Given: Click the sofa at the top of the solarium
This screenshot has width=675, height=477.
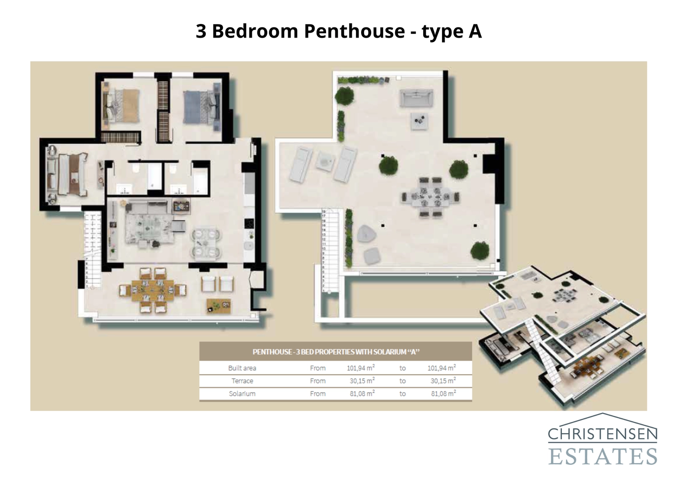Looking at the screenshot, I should [416, 98].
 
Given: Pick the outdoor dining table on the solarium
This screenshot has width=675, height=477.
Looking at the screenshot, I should [430, 197].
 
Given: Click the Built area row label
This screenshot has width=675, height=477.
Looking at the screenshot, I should [242, 368].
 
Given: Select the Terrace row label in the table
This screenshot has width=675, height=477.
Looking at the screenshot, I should [242, 381].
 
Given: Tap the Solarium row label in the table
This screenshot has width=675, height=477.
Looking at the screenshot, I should [242, 394].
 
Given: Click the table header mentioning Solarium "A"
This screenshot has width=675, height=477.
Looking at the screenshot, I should [335, 352].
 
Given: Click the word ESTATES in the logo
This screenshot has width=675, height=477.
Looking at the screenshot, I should [602, 456].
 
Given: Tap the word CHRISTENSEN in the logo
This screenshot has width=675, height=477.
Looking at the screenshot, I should [602, 434].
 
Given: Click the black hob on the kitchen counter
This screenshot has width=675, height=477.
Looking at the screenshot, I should [249, 224].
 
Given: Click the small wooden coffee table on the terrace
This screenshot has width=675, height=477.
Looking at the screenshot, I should [219, 306].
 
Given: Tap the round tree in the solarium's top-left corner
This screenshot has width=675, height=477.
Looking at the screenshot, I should [345, 96].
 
